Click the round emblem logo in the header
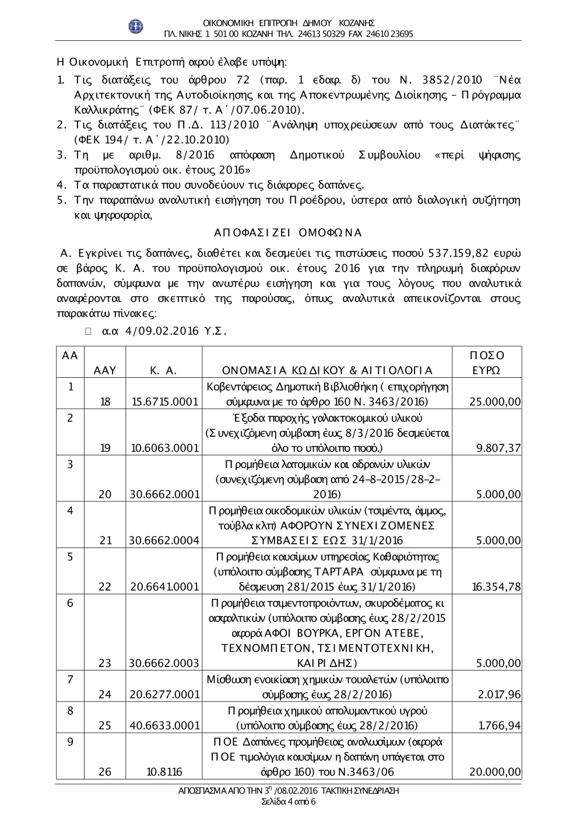coord(136,26)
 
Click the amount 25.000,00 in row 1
coord(495,402)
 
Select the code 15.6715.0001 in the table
coord(164,402)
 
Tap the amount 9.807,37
coord(498,448)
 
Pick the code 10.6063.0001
coord(164,448)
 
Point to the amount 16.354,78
coord(496,586)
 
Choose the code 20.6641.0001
coord(164,586)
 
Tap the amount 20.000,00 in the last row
coord(495,772)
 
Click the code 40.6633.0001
coord(164,725)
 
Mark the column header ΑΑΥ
coord(105,370)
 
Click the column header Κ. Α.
coord(163,370)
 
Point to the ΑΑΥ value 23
coord(105,663)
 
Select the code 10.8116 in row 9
coord(164,772)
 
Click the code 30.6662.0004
coord(164,540)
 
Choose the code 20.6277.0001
coord(164,694)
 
